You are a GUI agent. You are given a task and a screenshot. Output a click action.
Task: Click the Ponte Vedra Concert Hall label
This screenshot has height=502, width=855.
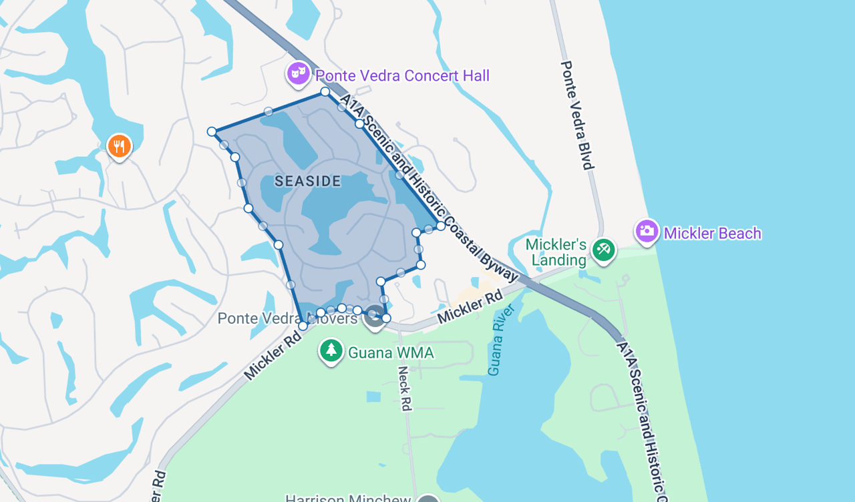tap(402, 75)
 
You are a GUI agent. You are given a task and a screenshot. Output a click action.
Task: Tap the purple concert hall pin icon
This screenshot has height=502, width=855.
tap(298, 73)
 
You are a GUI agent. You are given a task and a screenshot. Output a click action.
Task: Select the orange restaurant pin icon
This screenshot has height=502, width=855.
tap(119, 146)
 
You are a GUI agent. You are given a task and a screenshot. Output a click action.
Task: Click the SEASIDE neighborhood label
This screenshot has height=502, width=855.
tap(308, 181)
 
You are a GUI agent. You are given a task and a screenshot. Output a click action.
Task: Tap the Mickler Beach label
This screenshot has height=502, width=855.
tap(712, 233)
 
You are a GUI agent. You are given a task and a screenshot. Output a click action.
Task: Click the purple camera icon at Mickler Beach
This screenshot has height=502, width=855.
tap(647, 231)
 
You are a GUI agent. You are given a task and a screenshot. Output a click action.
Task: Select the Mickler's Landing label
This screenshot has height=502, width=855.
tap(556, 252)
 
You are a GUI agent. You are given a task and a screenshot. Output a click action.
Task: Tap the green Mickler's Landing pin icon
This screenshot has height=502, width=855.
tap(604, 250)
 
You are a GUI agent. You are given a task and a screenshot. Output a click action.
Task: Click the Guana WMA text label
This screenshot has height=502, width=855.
tap(391, 352)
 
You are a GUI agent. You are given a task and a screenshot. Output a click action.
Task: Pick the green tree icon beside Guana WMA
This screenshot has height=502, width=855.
tap(331, 350)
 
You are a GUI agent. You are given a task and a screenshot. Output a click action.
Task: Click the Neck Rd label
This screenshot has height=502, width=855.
tap(404, 388)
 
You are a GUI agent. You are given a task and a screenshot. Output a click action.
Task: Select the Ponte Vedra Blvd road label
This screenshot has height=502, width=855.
tap(577, 115)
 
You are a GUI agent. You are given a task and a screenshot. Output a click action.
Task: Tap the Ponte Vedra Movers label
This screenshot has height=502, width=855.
tap(287, 318)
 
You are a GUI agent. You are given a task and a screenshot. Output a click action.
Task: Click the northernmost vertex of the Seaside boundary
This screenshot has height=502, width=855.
tap(325, 91)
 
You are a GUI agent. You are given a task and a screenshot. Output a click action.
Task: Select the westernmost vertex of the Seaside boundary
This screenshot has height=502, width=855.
tap(212, 132)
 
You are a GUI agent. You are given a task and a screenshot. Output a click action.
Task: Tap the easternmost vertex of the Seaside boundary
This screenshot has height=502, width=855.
tap(441, 226)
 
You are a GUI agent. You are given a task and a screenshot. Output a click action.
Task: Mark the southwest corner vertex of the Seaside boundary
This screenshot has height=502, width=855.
tap(303, 326)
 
